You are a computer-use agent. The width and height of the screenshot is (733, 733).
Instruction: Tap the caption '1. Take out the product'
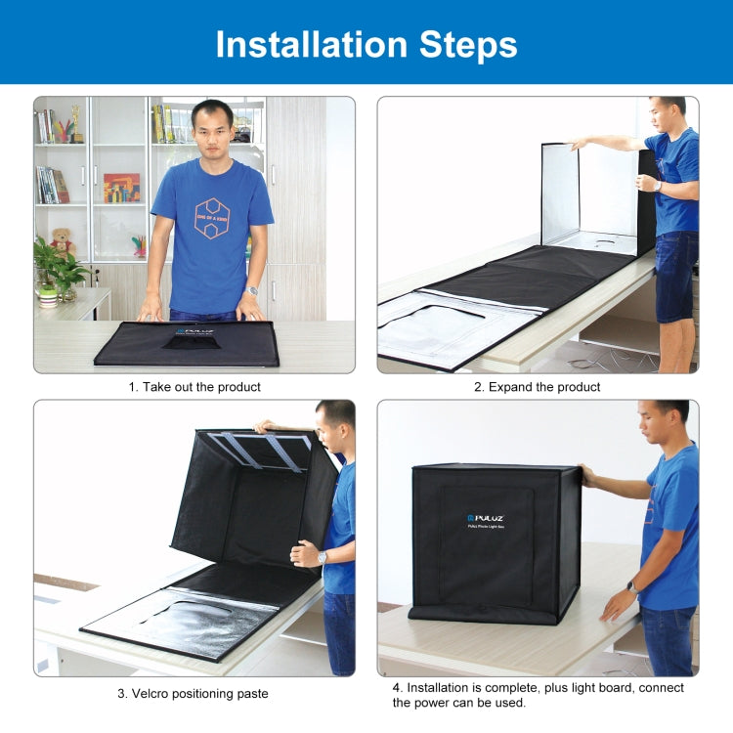(x=194, y=387)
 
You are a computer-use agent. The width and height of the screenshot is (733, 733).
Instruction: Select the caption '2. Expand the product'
(x=538, y=387)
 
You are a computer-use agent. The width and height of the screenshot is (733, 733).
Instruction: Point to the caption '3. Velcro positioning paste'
(x=194, y=694)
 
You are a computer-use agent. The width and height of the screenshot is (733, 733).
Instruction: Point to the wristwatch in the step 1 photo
(x=252, y=290)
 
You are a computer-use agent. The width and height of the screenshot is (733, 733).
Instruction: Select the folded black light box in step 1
(x=187, y=344)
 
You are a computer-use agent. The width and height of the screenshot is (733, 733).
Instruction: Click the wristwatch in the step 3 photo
(x=322, y=557)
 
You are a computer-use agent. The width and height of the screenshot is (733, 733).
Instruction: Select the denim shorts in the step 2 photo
(x=675, y=276)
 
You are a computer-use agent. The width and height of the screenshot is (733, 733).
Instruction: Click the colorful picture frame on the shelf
(x=121, y=187)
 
